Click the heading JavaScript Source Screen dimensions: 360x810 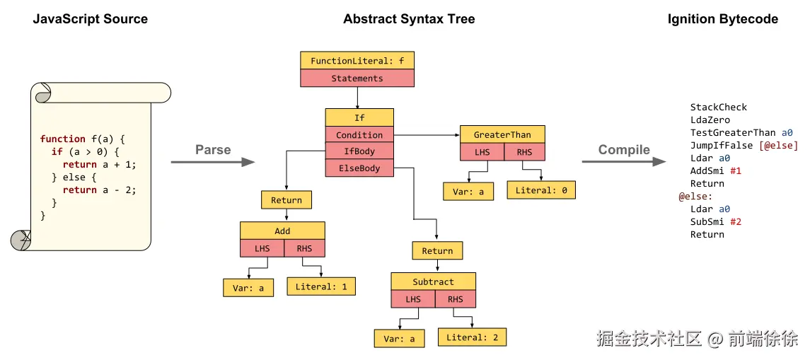91,19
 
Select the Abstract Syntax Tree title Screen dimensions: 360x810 409,19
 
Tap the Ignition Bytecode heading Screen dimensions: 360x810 722,19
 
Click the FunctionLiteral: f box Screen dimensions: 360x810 357,61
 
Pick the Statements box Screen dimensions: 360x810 357,79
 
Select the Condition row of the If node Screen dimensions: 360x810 359,134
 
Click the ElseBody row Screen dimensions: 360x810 359,168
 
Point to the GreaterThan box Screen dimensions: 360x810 502,134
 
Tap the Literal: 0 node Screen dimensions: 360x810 541,190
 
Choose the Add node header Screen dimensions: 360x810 282,231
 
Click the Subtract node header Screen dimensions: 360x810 433,281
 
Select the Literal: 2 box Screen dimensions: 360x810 472,337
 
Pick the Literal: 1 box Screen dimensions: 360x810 321,286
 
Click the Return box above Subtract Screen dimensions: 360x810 437,250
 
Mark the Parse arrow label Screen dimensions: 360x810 213,149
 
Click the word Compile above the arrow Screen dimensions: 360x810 624,149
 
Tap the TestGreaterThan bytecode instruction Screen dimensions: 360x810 733,132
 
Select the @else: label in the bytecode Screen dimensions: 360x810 696,196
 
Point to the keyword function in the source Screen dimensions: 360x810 63,139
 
